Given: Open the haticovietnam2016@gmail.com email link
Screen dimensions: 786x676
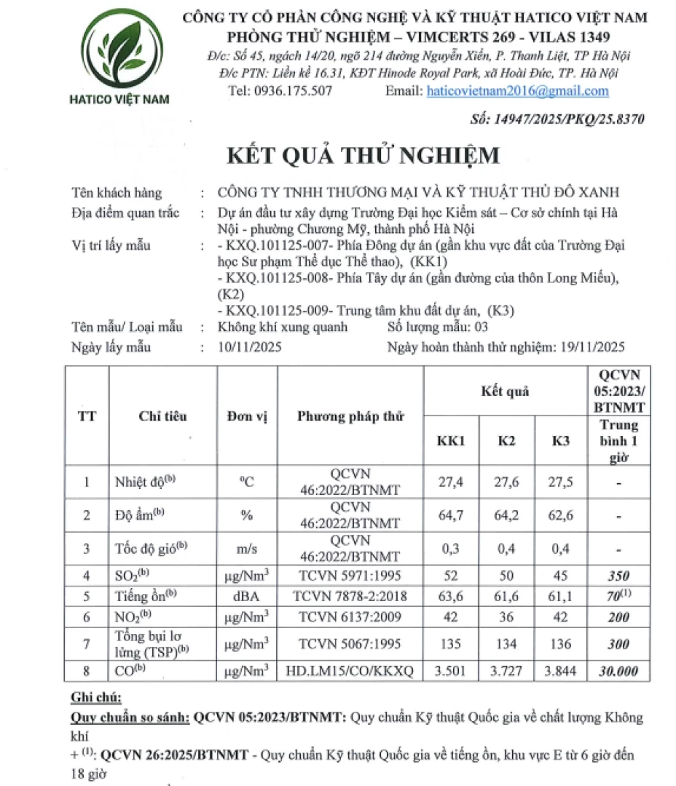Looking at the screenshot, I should [517, 91].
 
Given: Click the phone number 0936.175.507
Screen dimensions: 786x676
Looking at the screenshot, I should [291, 91].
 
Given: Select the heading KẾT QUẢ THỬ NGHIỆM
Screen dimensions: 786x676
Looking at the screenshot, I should [364, 156].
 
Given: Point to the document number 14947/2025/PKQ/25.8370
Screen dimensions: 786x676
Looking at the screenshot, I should [559, 119].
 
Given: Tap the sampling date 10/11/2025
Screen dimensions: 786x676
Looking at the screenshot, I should [245, 347].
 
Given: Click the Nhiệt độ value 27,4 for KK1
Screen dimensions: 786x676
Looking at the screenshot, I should [452, 482].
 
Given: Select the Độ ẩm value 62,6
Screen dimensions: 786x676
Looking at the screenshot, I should [561, 516].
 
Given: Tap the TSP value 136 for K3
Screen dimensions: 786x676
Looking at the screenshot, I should [561, 643].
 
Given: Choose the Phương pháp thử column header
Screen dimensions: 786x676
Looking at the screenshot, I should [350, 416].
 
